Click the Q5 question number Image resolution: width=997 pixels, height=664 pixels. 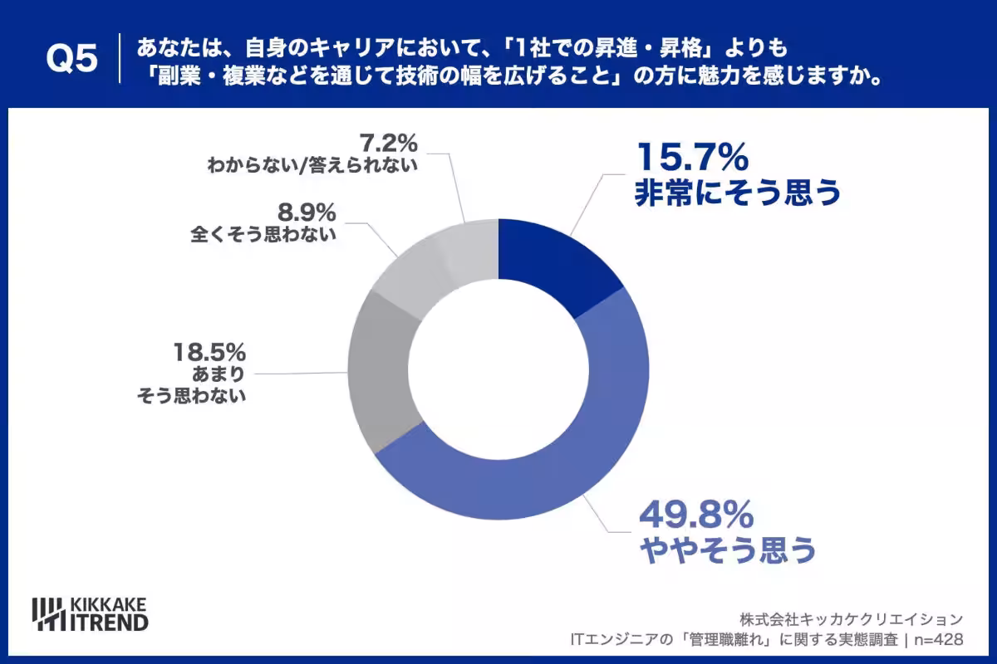[71, 59]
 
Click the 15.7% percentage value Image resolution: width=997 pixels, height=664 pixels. [693, 157]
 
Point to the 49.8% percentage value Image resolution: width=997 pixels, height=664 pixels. [696, 514]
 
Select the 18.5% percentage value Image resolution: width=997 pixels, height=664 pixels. [209, 352]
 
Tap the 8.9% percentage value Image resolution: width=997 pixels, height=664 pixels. [307, 212]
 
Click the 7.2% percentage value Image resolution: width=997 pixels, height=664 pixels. [389, 144]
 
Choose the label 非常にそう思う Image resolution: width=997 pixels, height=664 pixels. [738, 193]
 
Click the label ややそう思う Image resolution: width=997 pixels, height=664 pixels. [728, 550]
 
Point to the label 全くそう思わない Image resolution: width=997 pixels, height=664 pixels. [263, 234]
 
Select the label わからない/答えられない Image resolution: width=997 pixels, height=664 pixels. [312, 165]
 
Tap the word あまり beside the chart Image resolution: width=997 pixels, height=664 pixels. [219, 374]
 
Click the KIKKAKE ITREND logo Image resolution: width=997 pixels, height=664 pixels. [90, 614]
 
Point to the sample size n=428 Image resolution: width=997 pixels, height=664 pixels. [939, 640]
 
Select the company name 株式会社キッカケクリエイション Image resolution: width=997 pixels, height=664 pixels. [852, 619]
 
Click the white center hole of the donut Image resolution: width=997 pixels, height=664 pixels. [498, 369]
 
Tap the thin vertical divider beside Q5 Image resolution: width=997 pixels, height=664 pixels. [120, 58]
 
